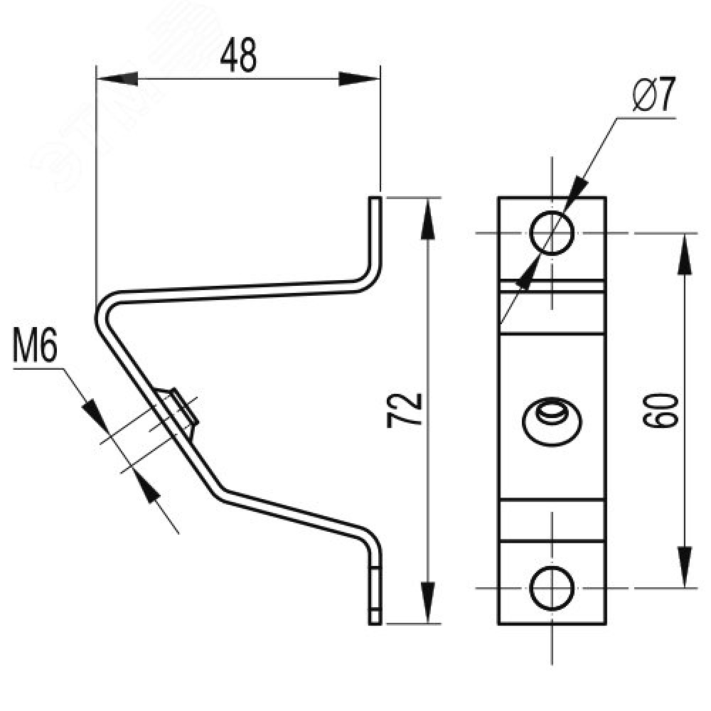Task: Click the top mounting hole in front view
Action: [552, 232]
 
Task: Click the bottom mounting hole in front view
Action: [552, 588]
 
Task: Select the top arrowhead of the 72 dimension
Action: [427, 218]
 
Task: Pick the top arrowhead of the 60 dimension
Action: [685, 253]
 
